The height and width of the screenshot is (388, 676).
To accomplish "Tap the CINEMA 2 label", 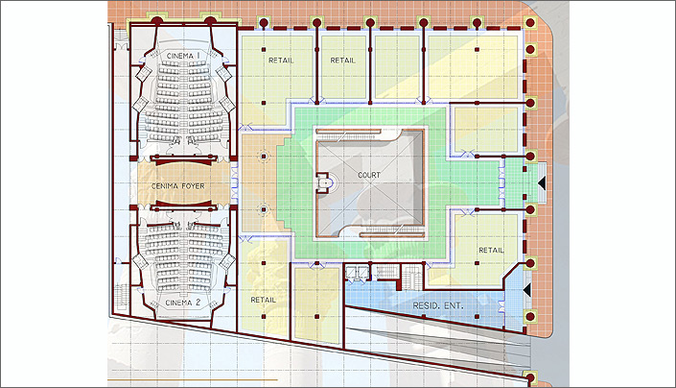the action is click(x=183, y=303).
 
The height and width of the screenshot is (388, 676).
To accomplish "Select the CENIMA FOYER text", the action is click(x=178, y=186).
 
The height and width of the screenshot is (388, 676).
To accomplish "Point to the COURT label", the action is click(x=369, y=175).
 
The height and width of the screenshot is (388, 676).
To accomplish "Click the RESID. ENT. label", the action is click(x=438, y=305).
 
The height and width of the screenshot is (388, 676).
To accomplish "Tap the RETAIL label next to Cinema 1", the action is click(x=281, y=61).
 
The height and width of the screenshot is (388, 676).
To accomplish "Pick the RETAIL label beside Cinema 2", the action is click(x=263, y=300).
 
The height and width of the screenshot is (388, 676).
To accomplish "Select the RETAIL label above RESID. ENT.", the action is click(x=491, y=250).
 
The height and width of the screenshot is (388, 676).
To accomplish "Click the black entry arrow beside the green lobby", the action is click(x=542, y=183).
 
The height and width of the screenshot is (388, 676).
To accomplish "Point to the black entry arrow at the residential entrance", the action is click(x=526, y=290).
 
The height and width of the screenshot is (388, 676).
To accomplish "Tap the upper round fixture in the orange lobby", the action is click(x=264, y=157).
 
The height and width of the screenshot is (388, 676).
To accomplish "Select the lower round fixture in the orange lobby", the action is click(x=264, y=209).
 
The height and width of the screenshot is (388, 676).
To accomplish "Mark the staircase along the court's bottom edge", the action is click(x=390, y=230).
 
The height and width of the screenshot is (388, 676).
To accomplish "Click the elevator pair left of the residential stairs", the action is click(x=357, y=273).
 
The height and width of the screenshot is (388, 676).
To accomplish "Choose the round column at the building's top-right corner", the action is click(x=530, y=23).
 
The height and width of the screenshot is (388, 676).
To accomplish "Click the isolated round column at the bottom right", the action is click(x=530, y=378).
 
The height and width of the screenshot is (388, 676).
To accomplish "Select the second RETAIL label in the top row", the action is click(x=342, y=61).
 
